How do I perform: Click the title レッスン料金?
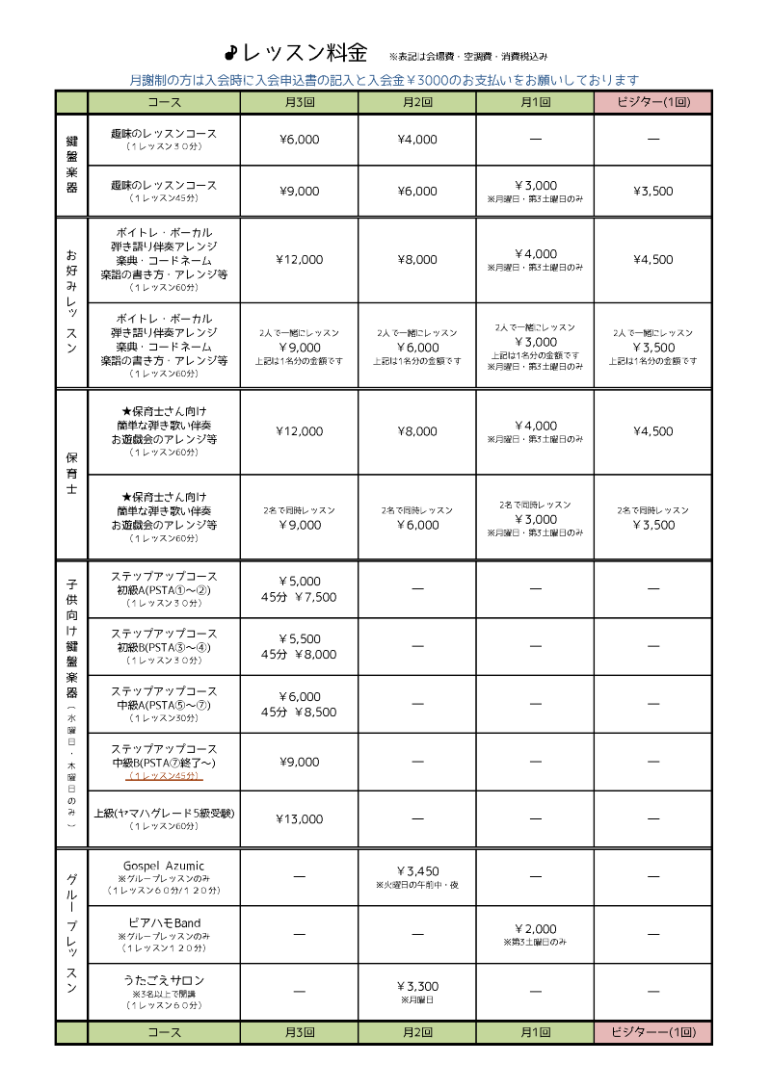tap(304, 53)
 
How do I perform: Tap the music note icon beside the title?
tap(230, 53)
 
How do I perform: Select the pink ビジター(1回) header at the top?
tap(652, 102)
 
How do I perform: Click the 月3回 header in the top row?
tap(299, 102)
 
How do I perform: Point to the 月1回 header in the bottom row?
tap(535, 1032)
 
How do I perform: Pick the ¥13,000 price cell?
tap(299, 819)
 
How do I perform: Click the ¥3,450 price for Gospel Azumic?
tap(417, 871)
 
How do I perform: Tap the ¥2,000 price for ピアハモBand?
tap(535, 928)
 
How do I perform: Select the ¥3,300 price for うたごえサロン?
tap(417, 986)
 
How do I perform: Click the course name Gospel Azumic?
tap(164, 866)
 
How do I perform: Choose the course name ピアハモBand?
tap(164, 922)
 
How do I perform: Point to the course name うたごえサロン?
tap(164, 980)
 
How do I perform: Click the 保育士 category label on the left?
tap(71, 475)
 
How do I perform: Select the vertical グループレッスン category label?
tap(71, 934)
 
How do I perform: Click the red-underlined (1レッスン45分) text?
tap(164, 775)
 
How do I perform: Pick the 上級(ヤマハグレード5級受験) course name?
tap(164, 813)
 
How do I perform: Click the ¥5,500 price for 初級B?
tap(299, 638)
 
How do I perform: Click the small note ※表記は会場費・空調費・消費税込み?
tap(468, 57)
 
